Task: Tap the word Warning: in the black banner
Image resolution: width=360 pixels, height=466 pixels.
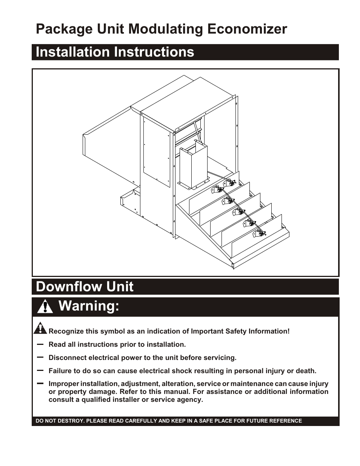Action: point(89,306)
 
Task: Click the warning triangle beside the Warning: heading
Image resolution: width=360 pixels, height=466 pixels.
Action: point(45,306)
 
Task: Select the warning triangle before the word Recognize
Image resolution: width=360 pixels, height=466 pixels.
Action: point(40,329)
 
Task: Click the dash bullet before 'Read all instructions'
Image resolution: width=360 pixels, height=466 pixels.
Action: point(40,345)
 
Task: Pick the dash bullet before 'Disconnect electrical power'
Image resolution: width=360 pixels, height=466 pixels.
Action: point(40,357)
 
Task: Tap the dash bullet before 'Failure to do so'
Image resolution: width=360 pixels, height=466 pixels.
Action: point(40,370)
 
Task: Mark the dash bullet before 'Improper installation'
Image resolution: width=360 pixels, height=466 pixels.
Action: point(40,383)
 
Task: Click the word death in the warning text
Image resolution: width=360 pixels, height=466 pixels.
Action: point(306,371)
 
